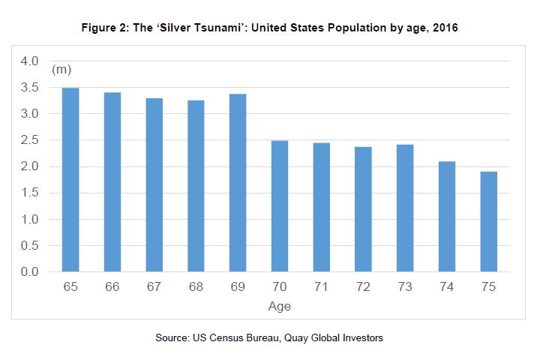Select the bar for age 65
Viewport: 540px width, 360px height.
pyautogui.click(x=70, y=180)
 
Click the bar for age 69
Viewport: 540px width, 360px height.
pyautogui.click(x=237, y=183)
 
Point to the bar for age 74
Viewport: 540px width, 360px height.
pyautogui.click(x=446, y=217)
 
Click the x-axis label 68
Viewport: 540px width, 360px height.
pyautogui.click(x=195, y=289)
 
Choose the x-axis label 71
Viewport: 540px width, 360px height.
pyautogui.click(x=321, y=289)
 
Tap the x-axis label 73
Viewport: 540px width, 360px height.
pyautogui.click(x=404, y=289)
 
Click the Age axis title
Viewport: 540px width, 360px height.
pyautogui.click(x=279, y=307)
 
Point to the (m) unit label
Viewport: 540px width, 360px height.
pyautogui.click(x=61, y=70)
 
